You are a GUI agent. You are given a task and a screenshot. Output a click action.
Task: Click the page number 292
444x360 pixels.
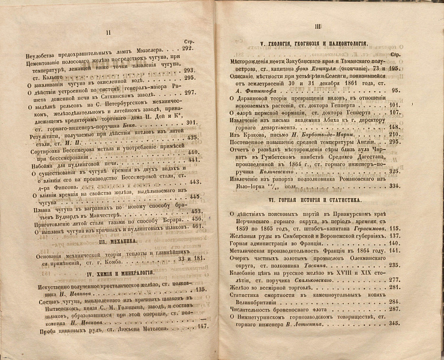pyautogui.click(x=190, y=48)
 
